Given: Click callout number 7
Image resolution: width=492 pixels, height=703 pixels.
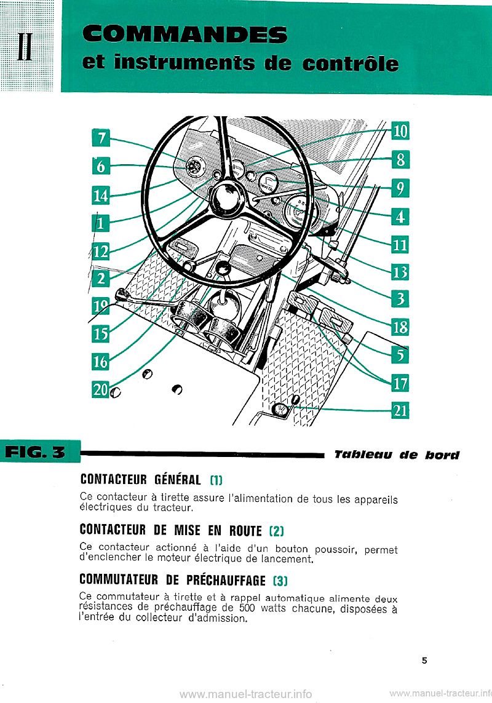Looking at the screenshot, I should pos(100,139).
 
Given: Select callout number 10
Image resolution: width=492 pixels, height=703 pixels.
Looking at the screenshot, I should pos(400,131).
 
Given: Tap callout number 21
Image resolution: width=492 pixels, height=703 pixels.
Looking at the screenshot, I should pos(400,410).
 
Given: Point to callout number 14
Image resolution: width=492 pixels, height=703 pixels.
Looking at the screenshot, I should pos(100,196).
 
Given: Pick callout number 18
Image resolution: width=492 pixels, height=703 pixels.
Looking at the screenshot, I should pos(400,327).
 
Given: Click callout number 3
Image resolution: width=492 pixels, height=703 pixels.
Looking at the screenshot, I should pos(400,299).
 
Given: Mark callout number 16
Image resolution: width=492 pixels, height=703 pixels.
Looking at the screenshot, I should pos(100,362).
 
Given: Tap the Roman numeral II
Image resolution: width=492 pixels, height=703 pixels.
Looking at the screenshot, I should pos(25,47).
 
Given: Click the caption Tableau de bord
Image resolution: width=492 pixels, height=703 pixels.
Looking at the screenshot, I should pos(397,456).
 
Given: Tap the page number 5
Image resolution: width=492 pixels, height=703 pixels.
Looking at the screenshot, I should pos(424,661).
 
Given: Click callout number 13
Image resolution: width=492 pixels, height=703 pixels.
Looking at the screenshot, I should pos(400,271).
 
